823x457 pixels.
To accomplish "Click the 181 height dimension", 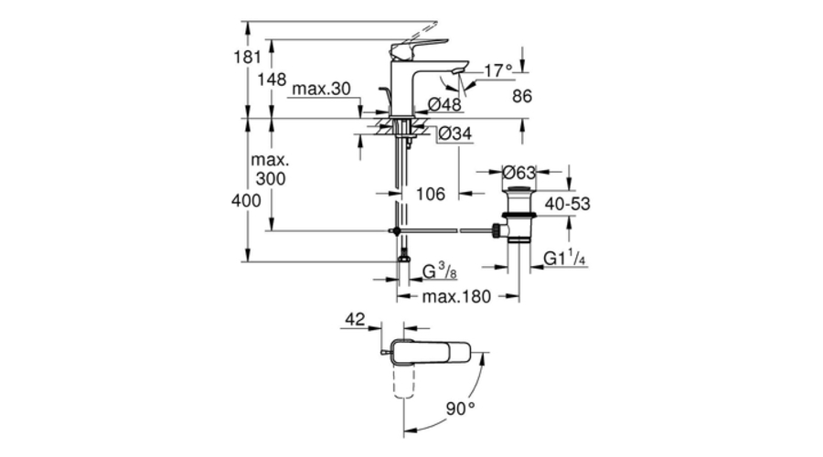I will pyautogui.click(x=236, y=56).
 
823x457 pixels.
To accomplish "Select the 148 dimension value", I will pyautogui.click(x=271, y=80).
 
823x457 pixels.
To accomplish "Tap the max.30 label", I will pyautogui.click(x=320, y=90).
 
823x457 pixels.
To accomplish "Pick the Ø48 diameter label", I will pyautogui.click(x=445, y=103).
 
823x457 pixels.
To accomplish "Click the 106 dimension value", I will pyautogui.click(x=430, y=194).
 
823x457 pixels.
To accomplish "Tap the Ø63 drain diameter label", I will pyautogui.click(x=518, y=171).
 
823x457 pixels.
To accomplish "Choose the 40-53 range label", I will pyautogui.click(x=568, y=204).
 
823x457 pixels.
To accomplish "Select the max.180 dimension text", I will pyautogui.click(x=456, y=296).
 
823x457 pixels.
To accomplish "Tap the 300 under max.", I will pyautogui.click(x=271, y=179).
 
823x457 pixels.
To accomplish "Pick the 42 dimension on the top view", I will pyautogui.click(x=355, y=319).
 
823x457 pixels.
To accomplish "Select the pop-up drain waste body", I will pyautogui.click(x=518, y=214).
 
